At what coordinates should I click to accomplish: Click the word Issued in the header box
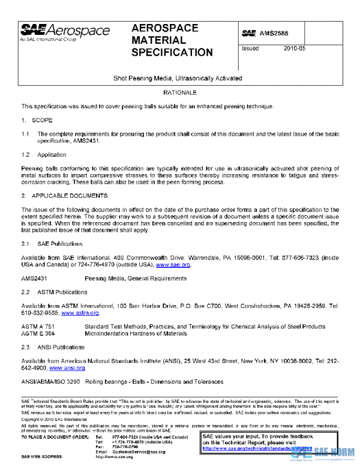[250, 49]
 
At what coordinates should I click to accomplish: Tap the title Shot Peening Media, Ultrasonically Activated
[178, 79]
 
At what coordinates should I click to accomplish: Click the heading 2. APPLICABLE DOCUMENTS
[64, 196]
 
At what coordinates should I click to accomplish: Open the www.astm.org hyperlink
[80, 313]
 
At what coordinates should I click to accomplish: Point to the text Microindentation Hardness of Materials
[136, 333]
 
